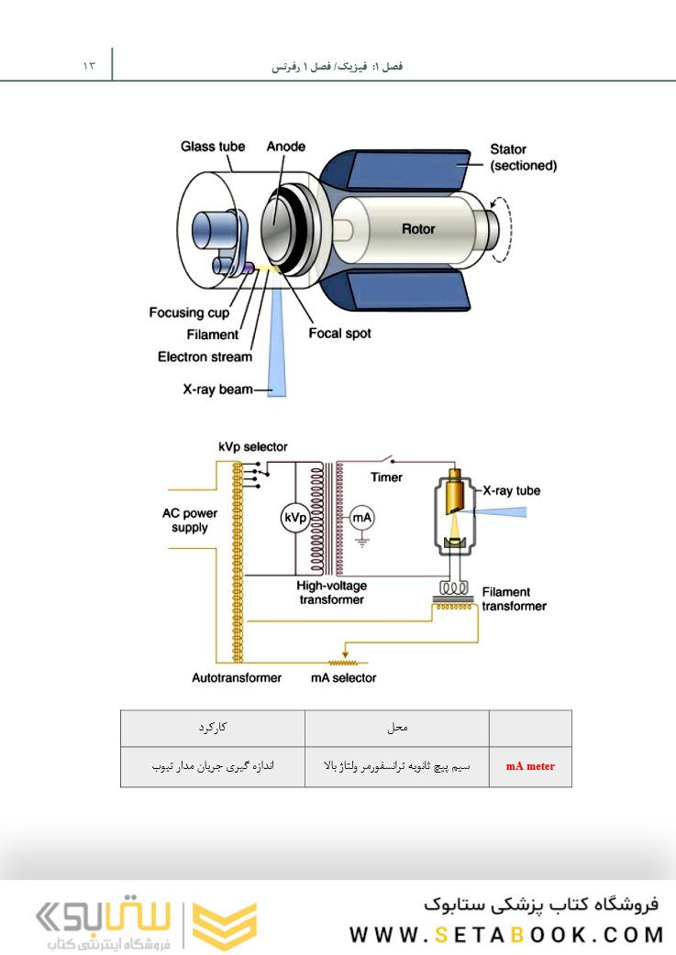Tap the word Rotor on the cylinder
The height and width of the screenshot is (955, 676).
[x=418, y=229]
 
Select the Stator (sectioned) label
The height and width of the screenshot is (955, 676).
[x=523, y=158]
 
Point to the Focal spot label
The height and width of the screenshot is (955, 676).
[x=339, y=334]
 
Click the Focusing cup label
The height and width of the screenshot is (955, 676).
[x=189, y=313]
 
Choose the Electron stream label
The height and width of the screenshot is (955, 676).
[x=205, y=357]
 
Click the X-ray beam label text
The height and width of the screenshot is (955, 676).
[x=216, y=390]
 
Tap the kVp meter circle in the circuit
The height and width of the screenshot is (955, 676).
[x=294, y=518]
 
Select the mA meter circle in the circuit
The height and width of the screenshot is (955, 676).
[x=363, y=518]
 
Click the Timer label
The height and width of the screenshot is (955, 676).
[x=386, y=477]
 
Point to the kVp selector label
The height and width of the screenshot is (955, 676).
[x=252, y=447]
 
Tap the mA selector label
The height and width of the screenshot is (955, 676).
[x=342, y=678]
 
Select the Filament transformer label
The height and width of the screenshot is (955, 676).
[x=514, y=599]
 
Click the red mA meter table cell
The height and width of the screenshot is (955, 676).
[x=530, y=766]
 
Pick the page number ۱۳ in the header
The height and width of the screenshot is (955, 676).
[x=89, y=67]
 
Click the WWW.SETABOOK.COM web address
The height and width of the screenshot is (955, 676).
[x=505, y=935]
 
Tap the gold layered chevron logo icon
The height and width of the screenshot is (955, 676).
[x=224, y=924]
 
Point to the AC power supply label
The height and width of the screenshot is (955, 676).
[x=190, y=521]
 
